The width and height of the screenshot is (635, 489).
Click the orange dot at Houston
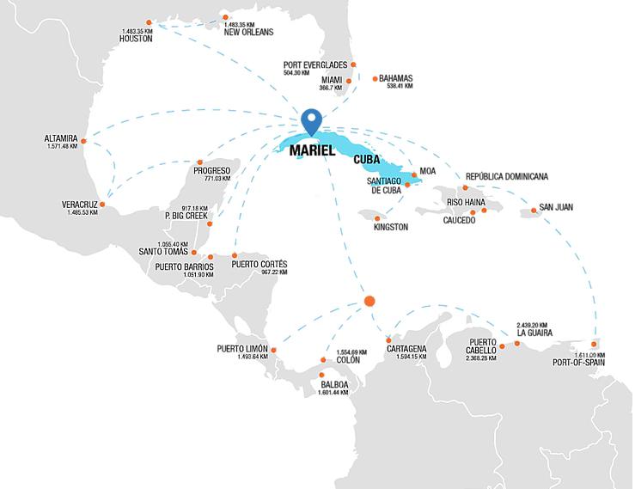coord(150,21)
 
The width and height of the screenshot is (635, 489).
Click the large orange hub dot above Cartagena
coord(369,301)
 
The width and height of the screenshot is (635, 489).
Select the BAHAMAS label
coord(395,78)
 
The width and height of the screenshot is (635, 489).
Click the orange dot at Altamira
coord(83,140)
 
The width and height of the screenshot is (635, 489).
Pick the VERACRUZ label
coord(81,204)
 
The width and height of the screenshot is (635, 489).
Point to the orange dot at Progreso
coord(199,162)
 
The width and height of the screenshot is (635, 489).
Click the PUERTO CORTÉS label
coord(259,264)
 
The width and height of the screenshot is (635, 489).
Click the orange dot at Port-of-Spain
coord(593,344)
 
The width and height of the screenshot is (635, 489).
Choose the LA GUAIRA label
coord(534,333)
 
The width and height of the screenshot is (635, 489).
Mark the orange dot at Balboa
coord(321,375)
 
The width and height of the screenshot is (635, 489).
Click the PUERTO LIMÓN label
coord(242,349)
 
